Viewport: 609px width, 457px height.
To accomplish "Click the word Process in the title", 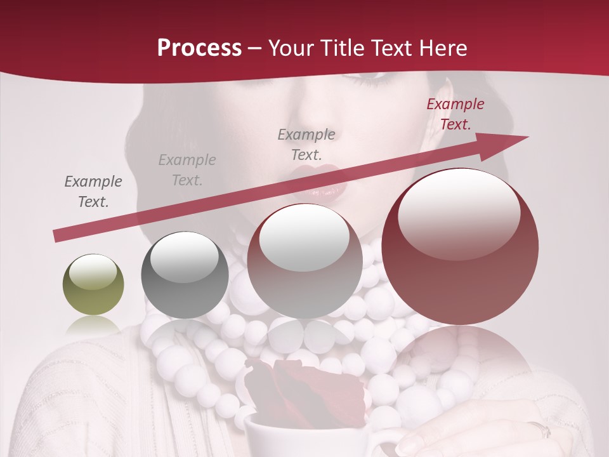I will pyautogui.click(x=199, y=48).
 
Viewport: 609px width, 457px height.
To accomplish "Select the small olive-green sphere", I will pyautogui.click(x=93, y=284).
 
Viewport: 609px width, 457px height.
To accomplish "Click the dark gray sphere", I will pyautogui.click(x=185, y=275).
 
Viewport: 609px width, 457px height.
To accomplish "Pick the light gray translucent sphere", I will pyautogui.click(x=305, y=262).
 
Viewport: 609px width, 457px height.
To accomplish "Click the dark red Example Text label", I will pyautogui.click(x=455, y=114).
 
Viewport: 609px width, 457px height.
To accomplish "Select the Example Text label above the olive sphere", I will pyautogui.click(x=93, y=192).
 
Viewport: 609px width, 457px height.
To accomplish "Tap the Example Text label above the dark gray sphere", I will pyautogui.click(x=187, y=170).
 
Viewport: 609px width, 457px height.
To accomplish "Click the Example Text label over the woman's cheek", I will pyautogui.click(x=306, y=145).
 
